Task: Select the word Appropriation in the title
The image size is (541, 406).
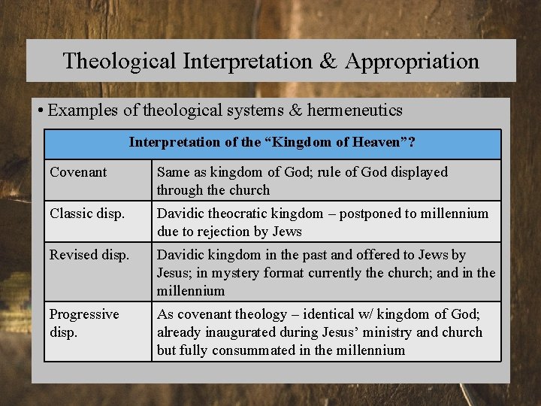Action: click(x=412, y=61)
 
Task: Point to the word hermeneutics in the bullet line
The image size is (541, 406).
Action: click(x=354, y=111)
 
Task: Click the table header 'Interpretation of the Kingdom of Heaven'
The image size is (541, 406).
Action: click(x=272, y=142)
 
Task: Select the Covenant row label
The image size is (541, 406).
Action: click(x=78, y=172)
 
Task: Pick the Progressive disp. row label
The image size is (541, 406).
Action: click(x=84, y=323)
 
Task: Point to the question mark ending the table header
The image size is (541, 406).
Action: click(x=412, y=142)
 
